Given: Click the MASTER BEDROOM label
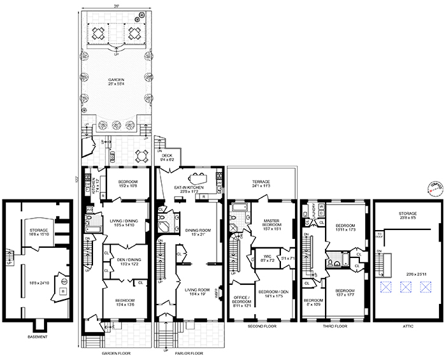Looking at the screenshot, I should pyautogui.click(x=273, y=223).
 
